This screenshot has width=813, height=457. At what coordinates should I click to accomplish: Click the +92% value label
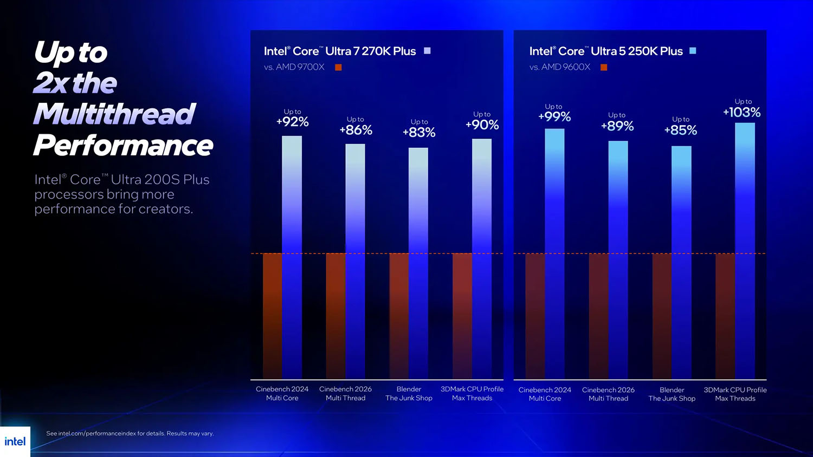click(x=293, y=122)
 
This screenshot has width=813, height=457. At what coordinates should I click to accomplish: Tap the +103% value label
click(x=742, y=112)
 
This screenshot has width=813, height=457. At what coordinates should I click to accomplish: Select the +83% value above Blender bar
click(x=419, y=132)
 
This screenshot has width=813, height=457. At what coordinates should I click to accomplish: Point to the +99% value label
click(x=554, y=116)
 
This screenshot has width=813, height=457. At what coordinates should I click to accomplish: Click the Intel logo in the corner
click(x=15, y=441)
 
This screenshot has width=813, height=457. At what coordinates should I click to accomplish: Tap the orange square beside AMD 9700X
click(x=338, y=67)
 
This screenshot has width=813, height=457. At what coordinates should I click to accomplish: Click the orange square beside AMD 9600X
click(x=604, y=67)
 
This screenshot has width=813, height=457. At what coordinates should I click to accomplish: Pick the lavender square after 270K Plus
click(x=427, y=51)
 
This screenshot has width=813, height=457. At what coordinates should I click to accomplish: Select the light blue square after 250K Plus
click(x=693, y=51)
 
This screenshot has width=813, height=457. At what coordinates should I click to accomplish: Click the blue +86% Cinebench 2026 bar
click(x=355, y=260)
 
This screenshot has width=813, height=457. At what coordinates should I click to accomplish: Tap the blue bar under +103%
click(x=745, y=249)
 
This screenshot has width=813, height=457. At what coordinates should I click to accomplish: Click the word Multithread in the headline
click(x=114, y=114)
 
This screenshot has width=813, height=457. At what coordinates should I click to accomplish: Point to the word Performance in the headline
click(x=123, y=145)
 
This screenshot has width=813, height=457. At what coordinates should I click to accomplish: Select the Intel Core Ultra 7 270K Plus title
click(x=340, y=51)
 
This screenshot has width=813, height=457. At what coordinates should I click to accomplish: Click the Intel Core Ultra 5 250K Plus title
click(x=606, y=51)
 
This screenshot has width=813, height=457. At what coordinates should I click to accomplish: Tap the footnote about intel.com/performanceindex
click(x=130, y=433)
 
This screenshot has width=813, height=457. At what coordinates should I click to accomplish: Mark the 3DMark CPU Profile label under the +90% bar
click(x=472, y=394)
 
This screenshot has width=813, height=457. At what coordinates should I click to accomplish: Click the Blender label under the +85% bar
click(x=672, y=394)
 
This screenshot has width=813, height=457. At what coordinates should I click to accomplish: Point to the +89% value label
click(x=617, y=126)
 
